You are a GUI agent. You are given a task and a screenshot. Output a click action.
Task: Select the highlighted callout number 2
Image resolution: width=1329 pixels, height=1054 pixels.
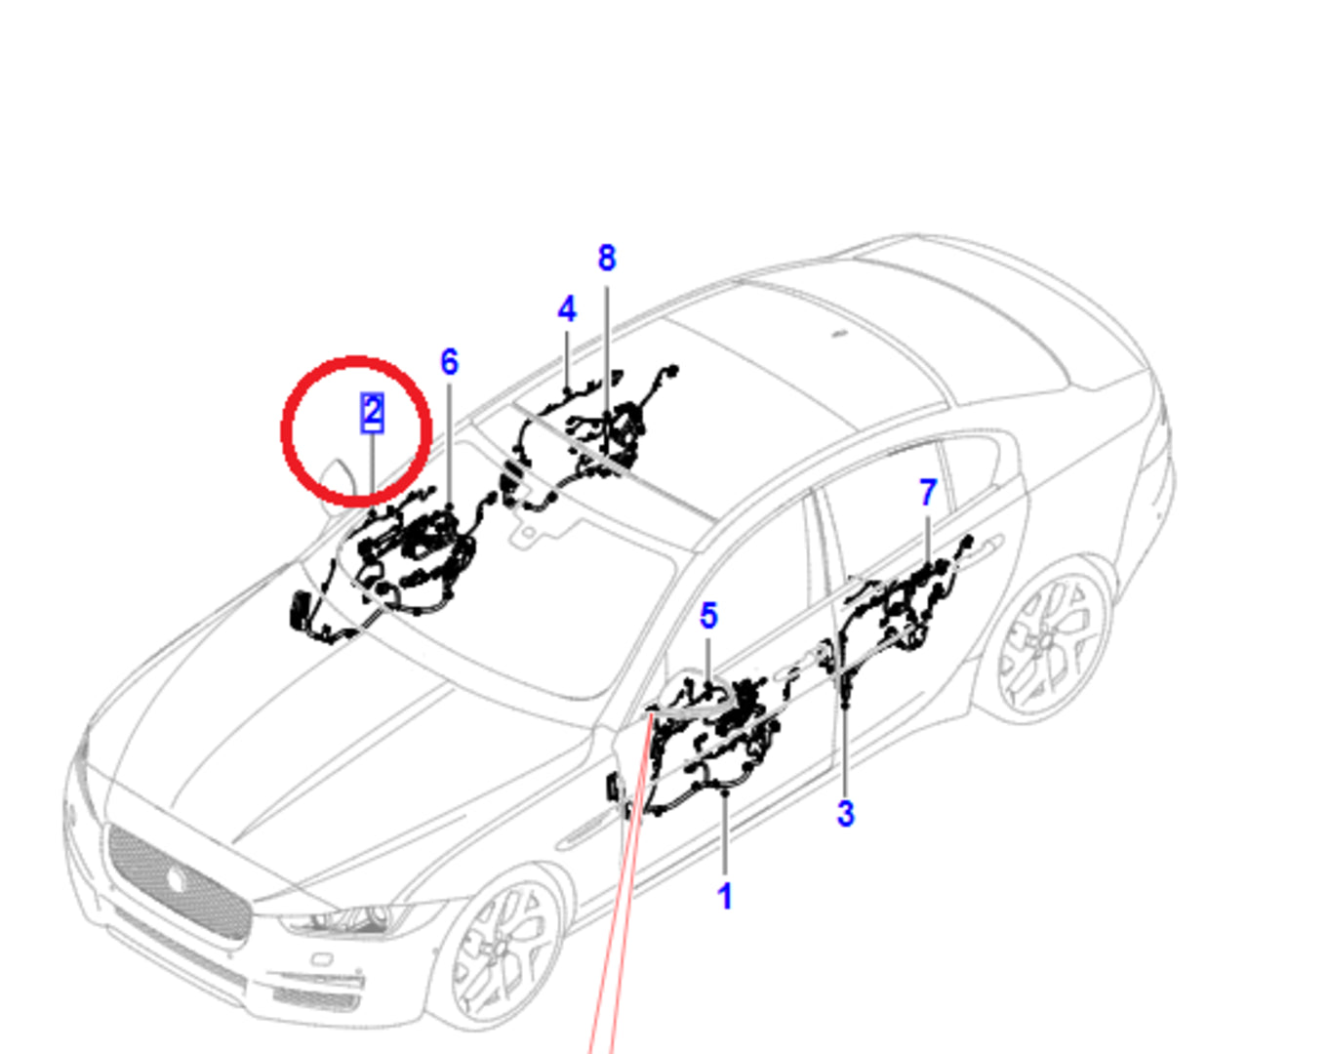(x=373, y=412)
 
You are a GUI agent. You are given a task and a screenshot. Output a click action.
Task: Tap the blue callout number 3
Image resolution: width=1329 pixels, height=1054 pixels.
(x=845, y=813)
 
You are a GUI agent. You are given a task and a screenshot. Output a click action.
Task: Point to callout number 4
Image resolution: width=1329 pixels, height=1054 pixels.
(x=567, y=309)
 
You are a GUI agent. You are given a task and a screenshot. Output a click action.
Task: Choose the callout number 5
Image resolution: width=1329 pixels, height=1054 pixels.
(x=709, y=616)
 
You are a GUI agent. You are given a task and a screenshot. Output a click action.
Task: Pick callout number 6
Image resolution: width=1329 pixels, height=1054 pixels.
(x=450, y=361)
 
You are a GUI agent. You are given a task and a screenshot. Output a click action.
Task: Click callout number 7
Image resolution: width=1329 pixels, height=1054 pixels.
(x=928, y=493)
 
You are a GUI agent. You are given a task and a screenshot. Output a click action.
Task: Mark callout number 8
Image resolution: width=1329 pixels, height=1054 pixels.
(x=607, y=258)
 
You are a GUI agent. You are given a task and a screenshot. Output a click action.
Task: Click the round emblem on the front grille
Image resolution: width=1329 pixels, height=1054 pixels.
(x=177, y=879)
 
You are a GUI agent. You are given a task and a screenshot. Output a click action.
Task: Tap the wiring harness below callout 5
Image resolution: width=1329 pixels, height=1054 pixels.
(x=710, y=742)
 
